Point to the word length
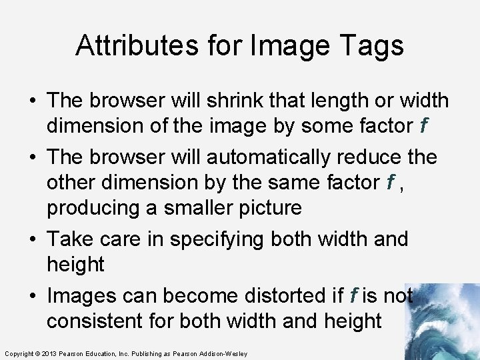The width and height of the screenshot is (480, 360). tap(333, 101)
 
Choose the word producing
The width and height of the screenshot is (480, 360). tap(93, 207)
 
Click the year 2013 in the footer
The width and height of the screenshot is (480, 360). tap(49, 353)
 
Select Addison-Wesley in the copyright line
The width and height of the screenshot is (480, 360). tap(223, 353)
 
